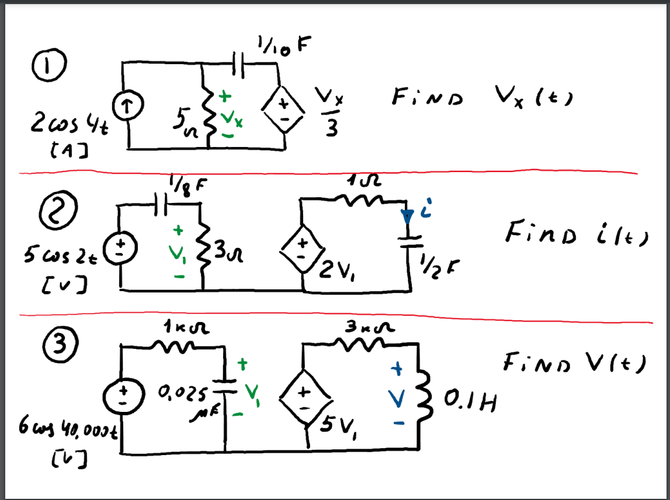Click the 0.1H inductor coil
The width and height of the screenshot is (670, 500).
click(x=422, y=398)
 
